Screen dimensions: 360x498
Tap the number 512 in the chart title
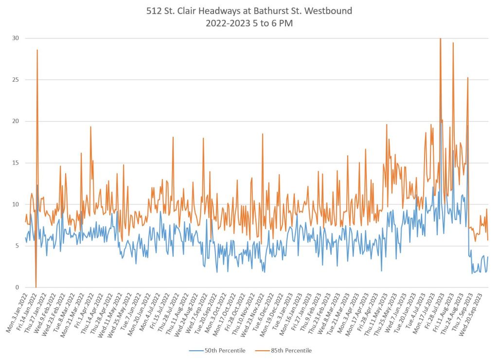pos(154,11)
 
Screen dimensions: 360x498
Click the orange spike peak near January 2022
pos(37,50)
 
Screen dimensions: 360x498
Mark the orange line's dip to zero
pos(36,287)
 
